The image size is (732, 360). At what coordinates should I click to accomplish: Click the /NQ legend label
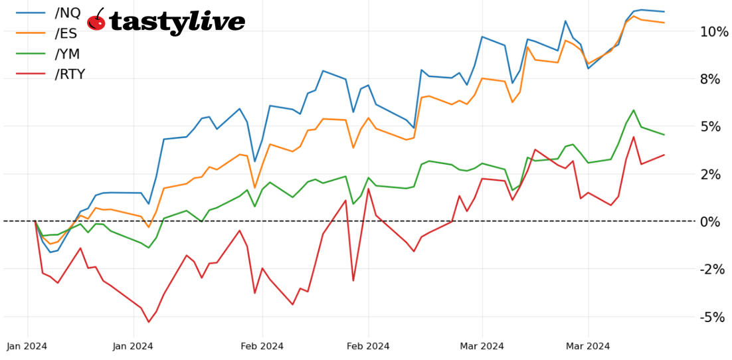pos(69,13)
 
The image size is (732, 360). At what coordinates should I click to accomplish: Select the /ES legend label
pos(66,33)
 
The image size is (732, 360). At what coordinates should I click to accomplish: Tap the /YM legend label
pos(67,54)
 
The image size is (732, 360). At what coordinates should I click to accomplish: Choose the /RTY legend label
pos(70,74)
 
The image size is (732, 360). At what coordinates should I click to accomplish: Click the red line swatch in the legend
pos(31,74)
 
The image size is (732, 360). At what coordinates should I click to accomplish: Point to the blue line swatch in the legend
pos(31,13)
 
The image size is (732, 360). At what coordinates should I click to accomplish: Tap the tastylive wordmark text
pos(177,22)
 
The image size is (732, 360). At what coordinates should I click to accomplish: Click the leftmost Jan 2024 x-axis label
pos(27,346)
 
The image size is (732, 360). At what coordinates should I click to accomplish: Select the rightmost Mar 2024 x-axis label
pos(588,346)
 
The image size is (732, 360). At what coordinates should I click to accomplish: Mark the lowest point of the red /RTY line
pos(148,322)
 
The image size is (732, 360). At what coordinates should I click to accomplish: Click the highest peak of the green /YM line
pos(634,110)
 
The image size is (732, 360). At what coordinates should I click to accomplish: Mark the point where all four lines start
pos(35,221)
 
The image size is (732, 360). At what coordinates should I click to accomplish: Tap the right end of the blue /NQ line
pos(664,11)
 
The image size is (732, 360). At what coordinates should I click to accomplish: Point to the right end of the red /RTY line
pos(664,155)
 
